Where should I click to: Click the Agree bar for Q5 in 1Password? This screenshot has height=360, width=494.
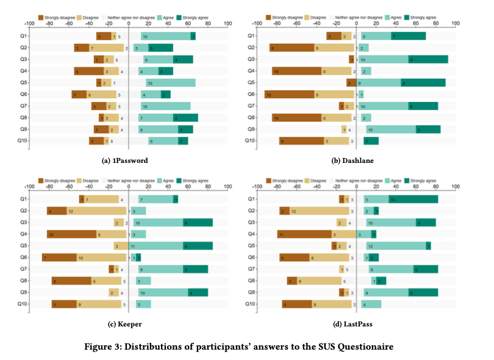pyautogui.click(x=170, y=83)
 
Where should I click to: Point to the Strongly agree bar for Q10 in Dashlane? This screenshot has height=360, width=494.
pyautogui.click(x=371, y=141)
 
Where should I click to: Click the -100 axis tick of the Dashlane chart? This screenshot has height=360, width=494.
pyautogui.click(x=257, y=25)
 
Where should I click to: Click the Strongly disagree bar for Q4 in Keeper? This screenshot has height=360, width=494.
pyautogui.click(x=72, y=234)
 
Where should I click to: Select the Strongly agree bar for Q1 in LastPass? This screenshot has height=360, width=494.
pyautogui.click(x=413, y=200)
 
